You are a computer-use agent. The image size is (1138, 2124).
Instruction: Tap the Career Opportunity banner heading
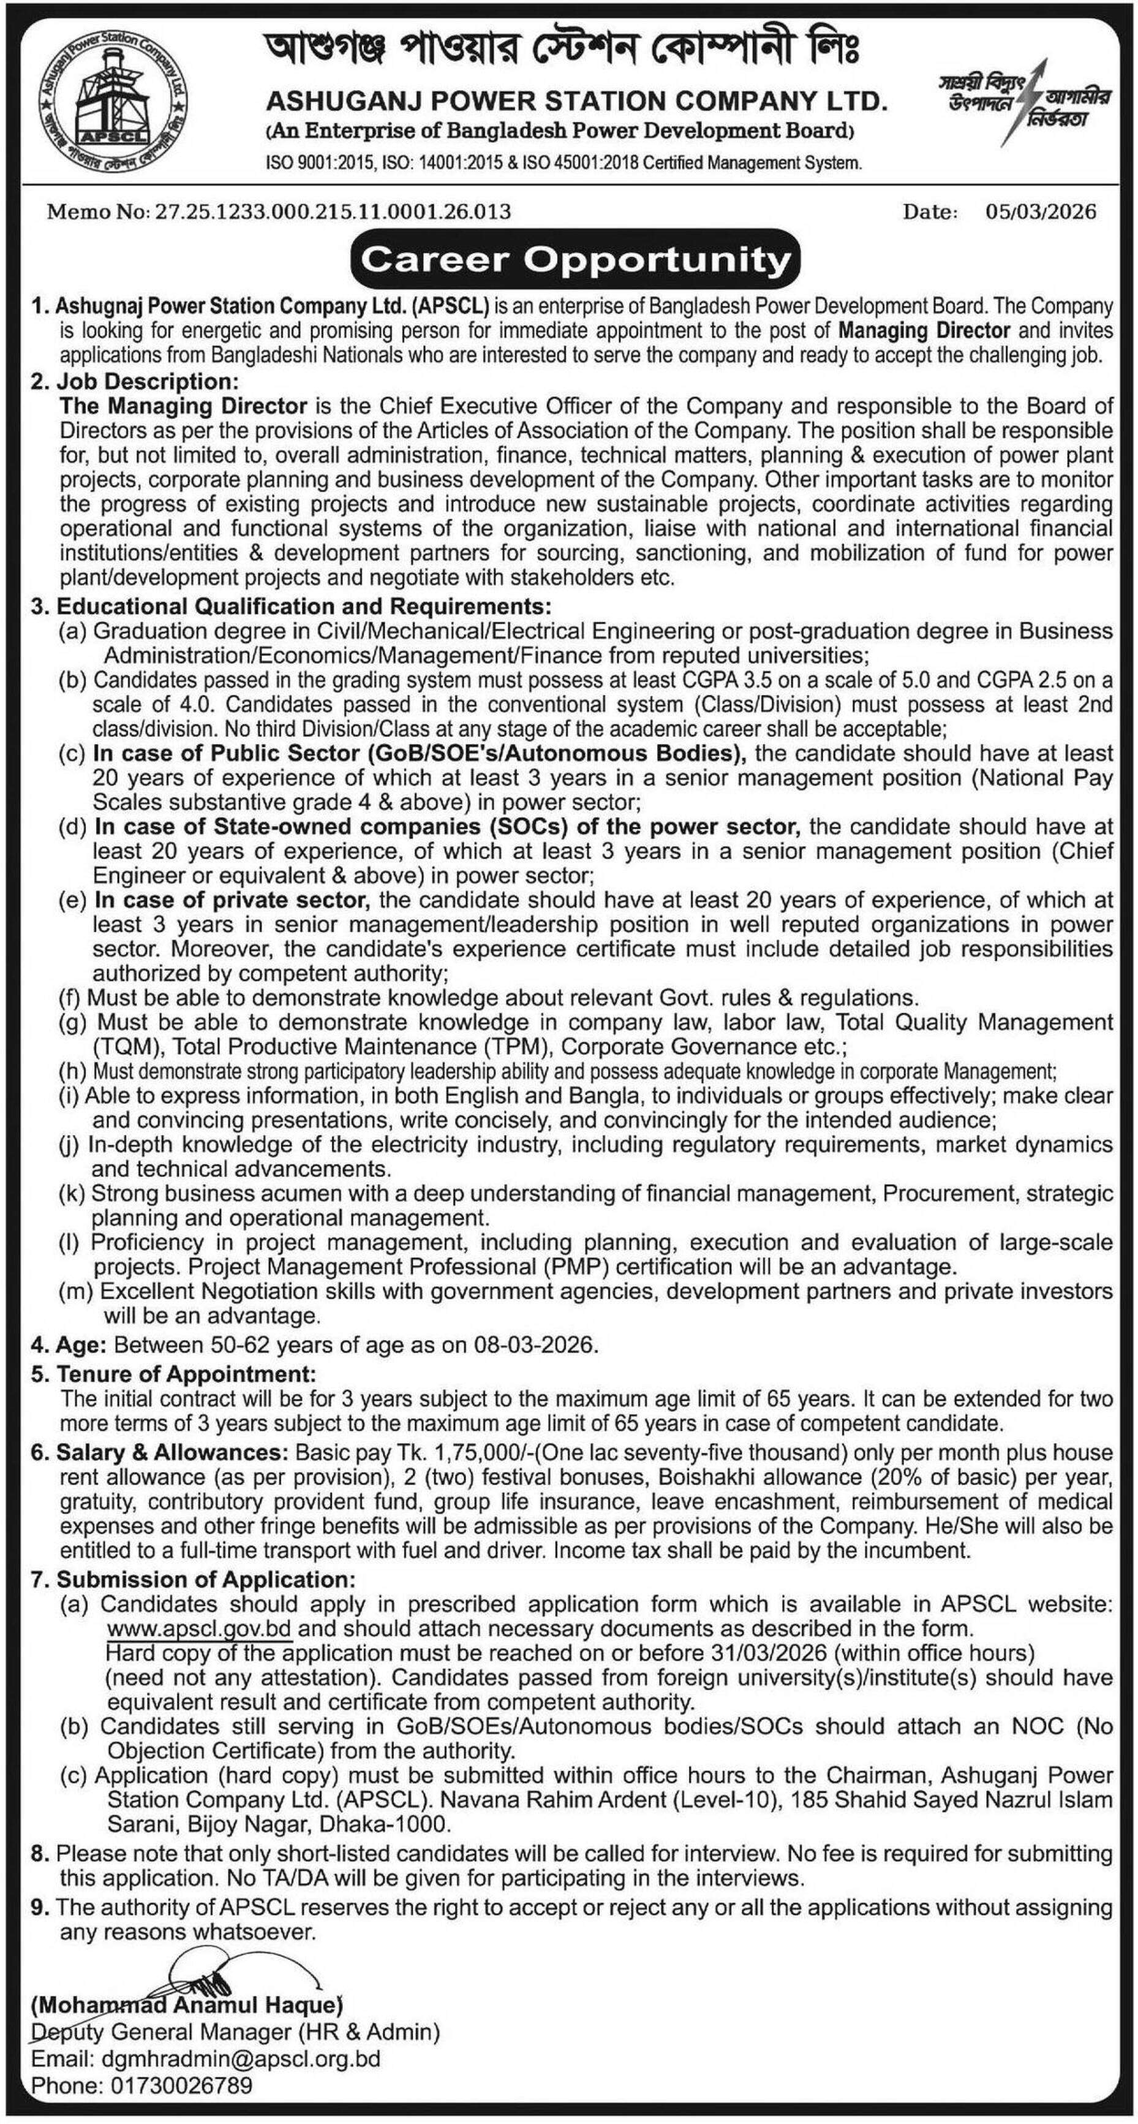(576, 260)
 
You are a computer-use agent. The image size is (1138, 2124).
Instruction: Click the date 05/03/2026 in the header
(1041, 212)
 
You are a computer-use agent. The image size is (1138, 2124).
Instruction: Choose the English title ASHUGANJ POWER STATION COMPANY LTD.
(576, 101)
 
